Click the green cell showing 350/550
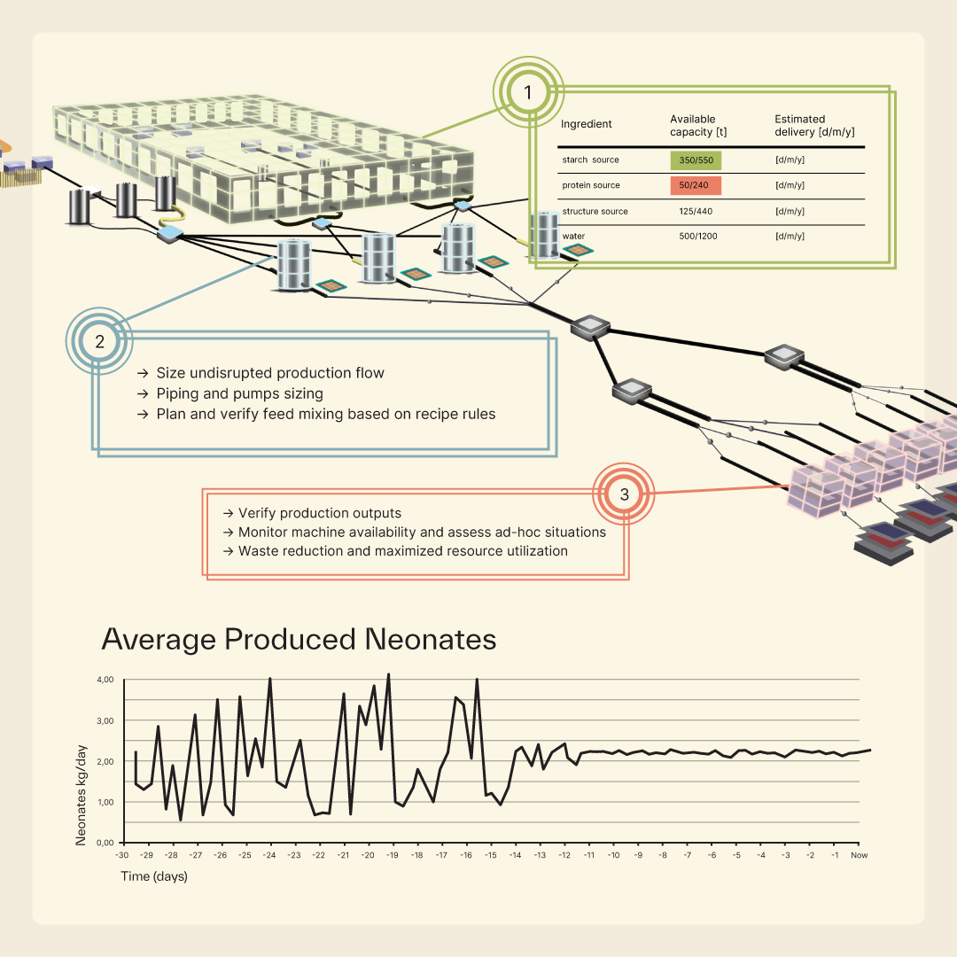point(696,160)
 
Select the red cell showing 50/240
point(696,185)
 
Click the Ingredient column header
point(587,124)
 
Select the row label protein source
point(591,185)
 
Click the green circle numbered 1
point(528,92)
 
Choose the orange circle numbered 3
point(624,494)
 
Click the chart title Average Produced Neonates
point(299,640)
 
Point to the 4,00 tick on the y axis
point(105,680)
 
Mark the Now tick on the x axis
point(859,856)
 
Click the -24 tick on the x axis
point(269,856)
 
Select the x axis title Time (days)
point(154,876)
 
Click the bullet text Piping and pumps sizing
point(239,393)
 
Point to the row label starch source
point(590,159)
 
